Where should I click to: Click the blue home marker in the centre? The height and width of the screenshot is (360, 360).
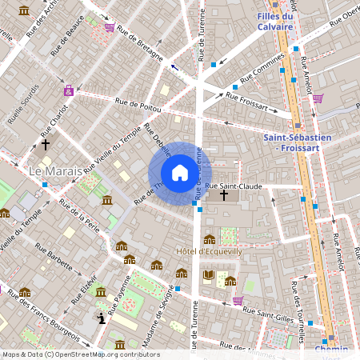(x=179, y=173)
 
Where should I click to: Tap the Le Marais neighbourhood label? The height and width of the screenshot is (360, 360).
(x=55, y=172)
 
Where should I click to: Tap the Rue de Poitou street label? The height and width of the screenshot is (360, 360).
(x=138, y=102)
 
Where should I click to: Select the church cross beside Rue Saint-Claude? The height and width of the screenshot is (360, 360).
(x=224, y=195)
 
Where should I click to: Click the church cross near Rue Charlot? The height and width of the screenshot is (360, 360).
(x=46, y=145)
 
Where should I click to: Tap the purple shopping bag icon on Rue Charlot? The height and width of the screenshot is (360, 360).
(x=69, y=90)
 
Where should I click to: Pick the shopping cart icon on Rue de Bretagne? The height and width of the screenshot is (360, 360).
(x=109, y=26)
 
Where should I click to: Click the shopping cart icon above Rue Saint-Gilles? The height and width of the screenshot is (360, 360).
(x=238, y=301)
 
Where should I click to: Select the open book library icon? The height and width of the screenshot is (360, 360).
(x=209, y=276)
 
